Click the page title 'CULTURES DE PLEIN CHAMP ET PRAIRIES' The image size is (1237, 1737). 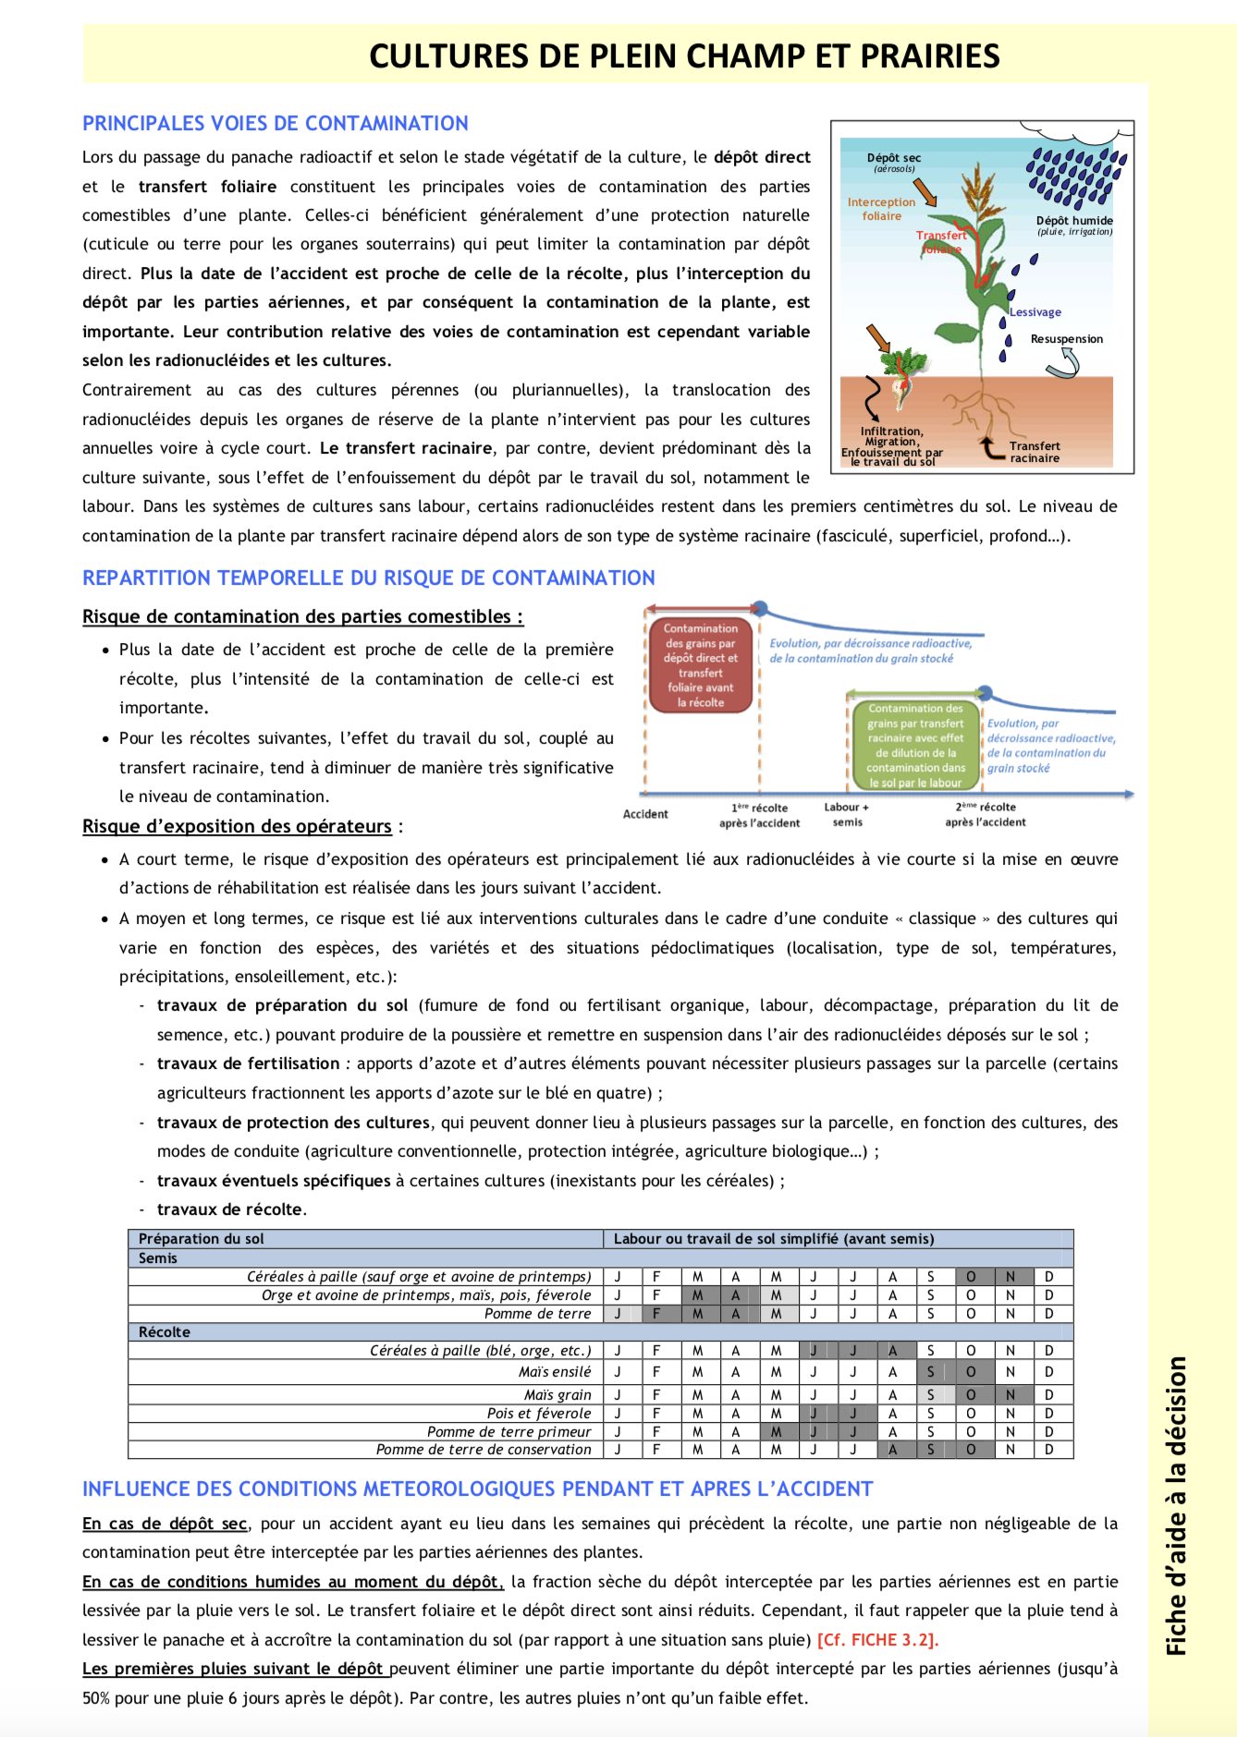pos(684,56)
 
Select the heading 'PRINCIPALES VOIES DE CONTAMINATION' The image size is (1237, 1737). pos(276,124)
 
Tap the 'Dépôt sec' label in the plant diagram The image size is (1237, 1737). pos(893,158)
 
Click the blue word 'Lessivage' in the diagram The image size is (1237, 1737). pos(1035,312)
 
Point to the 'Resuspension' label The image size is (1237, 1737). pos(1067,339)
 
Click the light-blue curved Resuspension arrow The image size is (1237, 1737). pos(1064,366)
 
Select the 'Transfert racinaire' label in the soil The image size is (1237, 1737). pos(1035,452)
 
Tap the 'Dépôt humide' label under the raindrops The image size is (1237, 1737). pos(1074,221)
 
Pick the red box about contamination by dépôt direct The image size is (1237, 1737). pos(701,665)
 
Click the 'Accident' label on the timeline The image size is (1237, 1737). pos(645,814)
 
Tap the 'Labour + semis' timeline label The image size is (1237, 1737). pos(847,814)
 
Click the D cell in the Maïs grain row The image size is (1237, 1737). pos(1049,1394)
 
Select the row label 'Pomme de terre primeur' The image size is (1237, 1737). pos(509,1431)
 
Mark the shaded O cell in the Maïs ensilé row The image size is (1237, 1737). pos(971,1372)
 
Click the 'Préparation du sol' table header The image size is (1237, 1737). pos(202,1239)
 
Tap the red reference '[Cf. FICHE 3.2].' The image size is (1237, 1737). pos(877,1640)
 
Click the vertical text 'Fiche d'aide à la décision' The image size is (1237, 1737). pos(1177,1506)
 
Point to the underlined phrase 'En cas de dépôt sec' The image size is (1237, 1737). pos(165,1524)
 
